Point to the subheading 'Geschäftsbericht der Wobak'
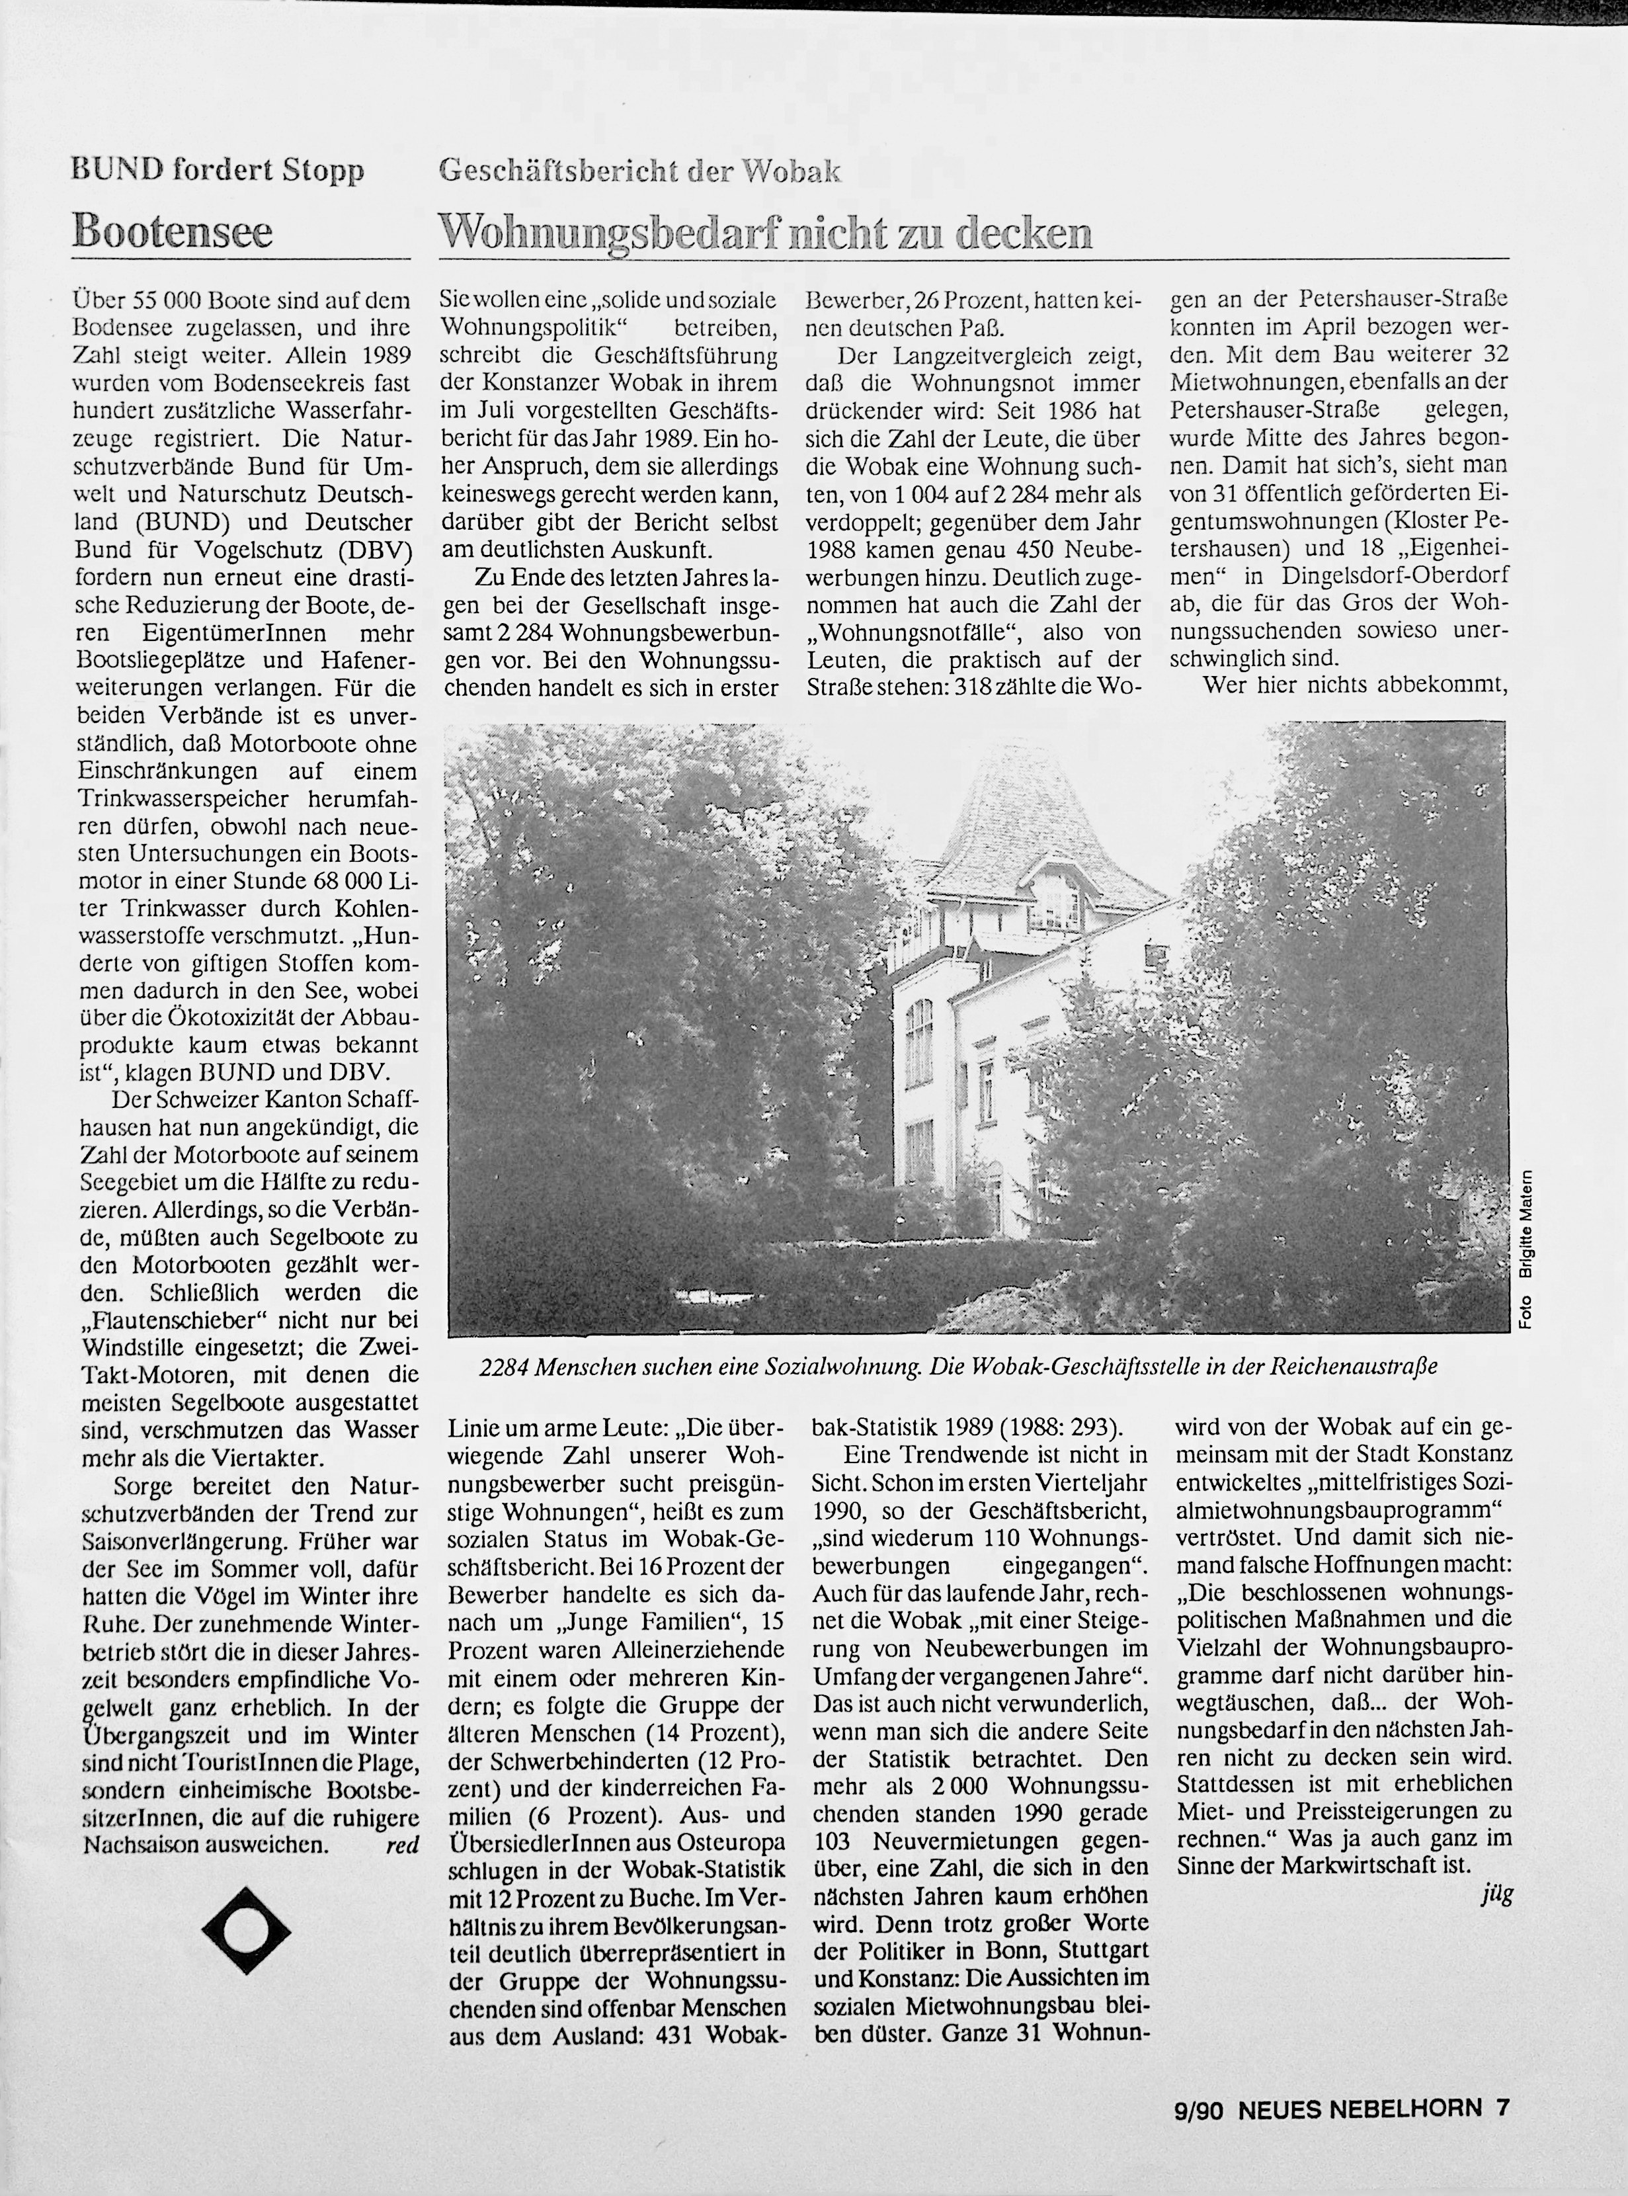click(x=639, y=171)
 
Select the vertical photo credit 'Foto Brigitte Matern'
click(x=1526, y=1249)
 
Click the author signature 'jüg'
click(x=1496, y=1894)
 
